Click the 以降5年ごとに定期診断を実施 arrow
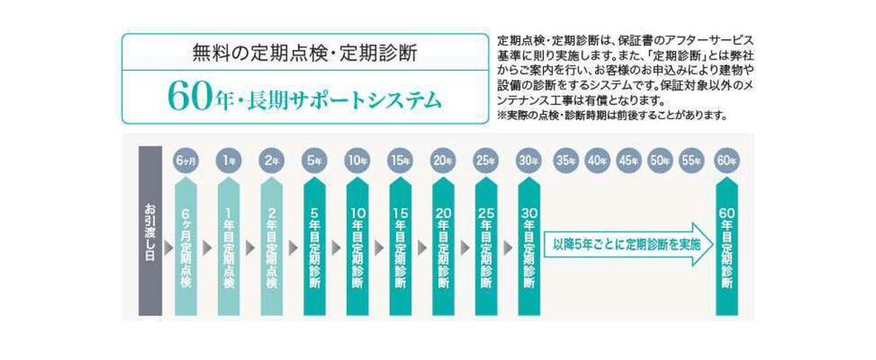pos(627,246)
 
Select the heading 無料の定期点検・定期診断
pos(304,53)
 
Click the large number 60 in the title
pos(187,97)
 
